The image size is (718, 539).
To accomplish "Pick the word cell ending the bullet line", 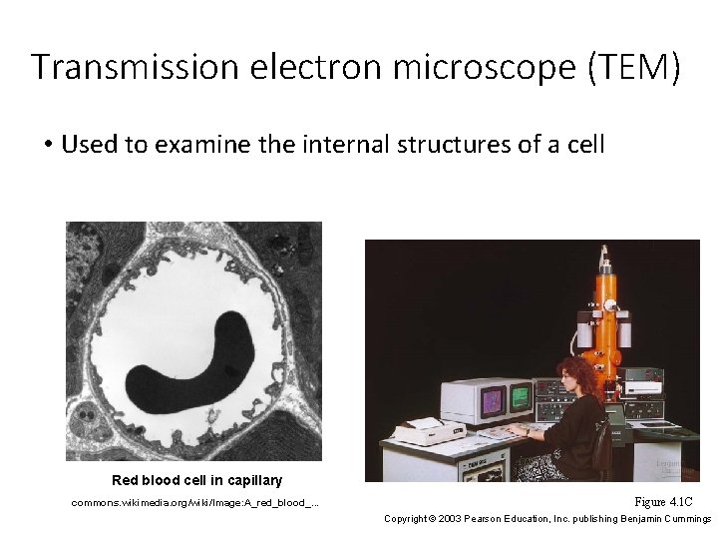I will (583, 145).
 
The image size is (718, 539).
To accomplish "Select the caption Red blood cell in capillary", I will (196, 480).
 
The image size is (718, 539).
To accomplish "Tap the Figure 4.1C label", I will (662, 501).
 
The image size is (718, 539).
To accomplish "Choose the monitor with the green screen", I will (521, 397).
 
